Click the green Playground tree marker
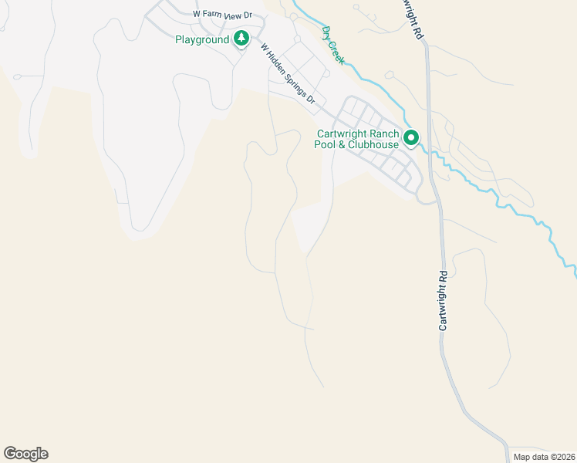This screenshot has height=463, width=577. pos(241,39)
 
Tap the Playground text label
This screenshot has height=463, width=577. pos(202,39)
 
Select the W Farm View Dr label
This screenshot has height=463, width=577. pos(223,15)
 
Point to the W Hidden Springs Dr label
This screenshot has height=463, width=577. pos(288,73)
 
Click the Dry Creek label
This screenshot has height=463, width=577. pos(333,44)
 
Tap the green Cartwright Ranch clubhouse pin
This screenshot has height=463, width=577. pos(411,138)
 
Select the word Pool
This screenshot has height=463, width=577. pos(329,144)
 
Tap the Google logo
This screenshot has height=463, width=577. pos(25,454)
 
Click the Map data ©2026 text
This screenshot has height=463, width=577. pos(543,457)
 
